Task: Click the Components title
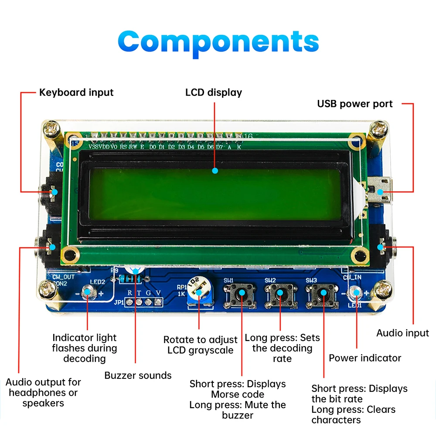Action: click(x=218, y=42)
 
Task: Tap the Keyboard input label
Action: click(x=76, y=92)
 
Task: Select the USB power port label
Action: click(x=354, y=104)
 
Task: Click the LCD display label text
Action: click(x=214, y=92)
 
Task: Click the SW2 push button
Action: click(x=279, y=296)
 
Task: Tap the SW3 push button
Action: click(x=323, y=296)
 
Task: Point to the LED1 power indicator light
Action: click(x=357, y=293)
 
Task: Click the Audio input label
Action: click(x=402, y=333)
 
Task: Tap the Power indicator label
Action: click(x=365, y=358)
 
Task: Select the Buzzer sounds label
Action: click(x=138, y=375)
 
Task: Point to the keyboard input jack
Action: click(x=50, y=192)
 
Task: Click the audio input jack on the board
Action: click(x=384, y=247)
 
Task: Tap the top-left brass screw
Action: click(x=51, y=129)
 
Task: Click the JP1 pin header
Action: click(x=144, y=302)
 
